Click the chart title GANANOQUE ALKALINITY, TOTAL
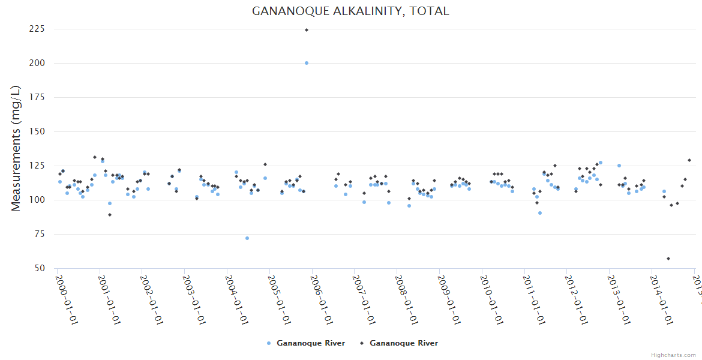click(350, 11)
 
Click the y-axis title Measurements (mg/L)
click(16, 148)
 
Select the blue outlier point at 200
click(307, 63)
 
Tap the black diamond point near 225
click(307, 30)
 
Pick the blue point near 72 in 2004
click(247, 238)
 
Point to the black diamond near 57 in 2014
click(668, 259)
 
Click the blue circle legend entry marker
click(269, 343)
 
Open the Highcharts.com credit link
click(674, 355)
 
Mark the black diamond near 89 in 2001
click(110, 215)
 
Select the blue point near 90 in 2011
click(540, 213)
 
